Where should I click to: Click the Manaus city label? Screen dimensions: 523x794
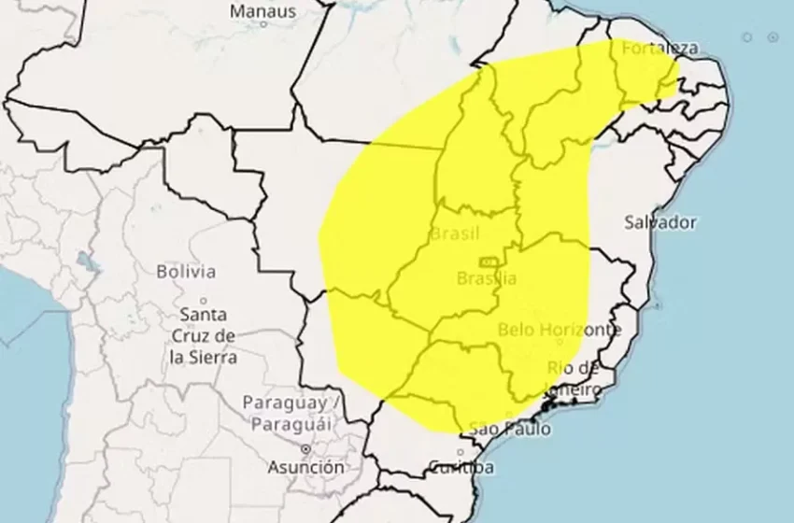(262, 12)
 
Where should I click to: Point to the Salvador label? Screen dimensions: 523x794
(660, 222)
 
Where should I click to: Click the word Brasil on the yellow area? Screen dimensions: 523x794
(455, 233)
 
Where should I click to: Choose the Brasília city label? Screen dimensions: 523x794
(487, 278)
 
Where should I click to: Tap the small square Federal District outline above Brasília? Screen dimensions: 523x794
(488, 261)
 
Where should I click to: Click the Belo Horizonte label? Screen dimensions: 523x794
(559, 330)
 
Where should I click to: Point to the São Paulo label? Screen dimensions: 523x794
(509, 430)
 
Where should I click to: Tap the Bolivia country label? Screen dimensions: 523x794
(186, 272)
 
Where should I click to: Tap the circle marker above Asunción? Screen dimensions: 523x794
(305, 449)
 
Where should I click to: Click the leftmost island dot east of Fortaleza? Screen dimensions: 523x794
(746, 36)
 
